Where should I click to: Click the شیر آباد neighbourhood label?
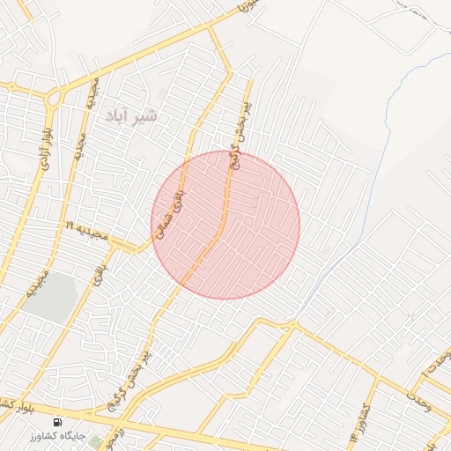(130, 116)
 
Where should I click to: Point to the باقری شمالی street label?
(179, 214)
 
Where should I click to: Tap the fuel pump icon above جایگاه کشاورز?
(58, 421)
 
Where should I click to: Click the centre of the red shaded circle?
(225, 225)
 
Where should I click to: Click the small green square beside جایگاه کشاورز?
(94, 440)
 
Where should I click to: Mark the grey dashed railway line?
(423, 12)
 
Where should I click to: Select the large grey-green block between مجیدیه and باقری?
(53, 298)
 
